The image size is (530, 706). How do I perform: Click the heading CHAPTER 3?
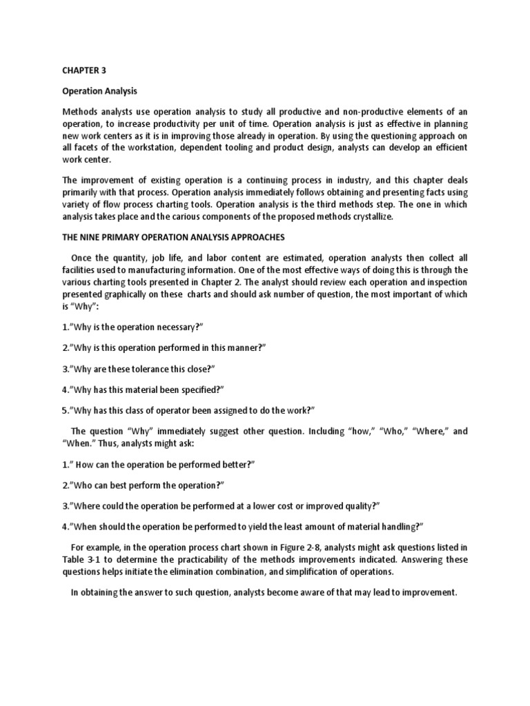point(86,70)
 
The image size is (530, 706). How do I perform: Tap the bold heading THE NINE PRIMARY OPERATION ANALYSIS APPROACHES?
point(173,236)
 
